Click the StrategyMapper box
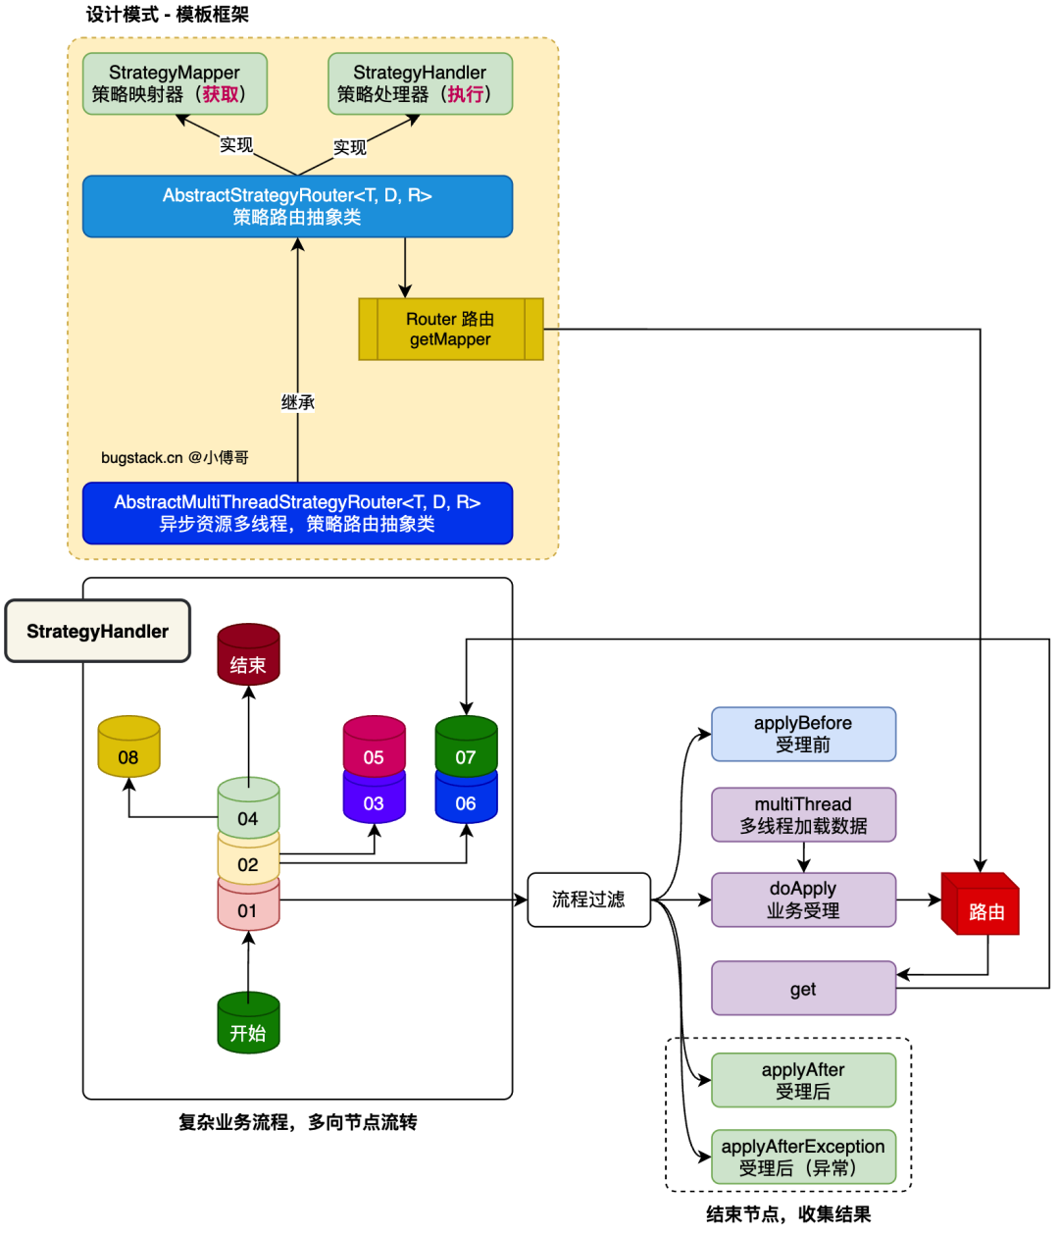click(x=175, y=83)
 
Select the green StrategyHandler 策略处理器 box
click(x=420, y=83)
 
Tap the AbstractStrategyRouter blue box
click(x=297, y=206)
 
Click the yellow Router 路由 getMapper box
click(x=450, y=330)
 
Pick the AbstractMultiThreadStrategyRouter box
click(x=297, y=513)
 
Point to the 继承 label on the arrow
click(x=298, y=402)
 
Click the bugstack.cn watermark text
click(x=175, y=458)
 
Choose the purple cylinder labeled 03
click(x=374, y=802)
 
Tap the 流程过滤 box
click(x=588, y=900)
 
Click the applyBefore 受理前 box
click(x=803, y=734)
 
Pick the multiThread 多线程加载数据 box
click(x=803, y=815)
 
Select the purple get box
click(x=803, y=989)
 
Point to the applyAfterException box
click(x=803, y=1157)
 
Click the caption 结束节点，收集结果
click(x=788, y=1214)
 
